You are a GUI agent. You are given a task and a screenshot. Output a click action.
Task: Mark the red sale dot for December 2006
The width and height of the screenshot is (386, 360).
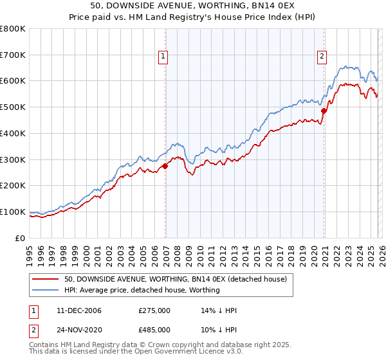tap(165, 166)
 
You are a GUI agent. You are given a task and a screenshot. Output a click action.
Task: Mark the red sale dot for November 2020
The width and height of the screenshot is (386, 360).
tap(324, 111)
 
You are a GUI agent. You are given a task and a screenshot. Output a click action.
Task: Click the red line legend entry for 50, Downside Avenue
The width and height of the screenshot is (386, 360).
tap(179, 279)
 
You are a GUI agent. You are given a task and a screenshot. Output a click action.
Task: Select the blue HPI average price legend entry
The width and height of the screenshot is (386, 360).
tap(142, 290)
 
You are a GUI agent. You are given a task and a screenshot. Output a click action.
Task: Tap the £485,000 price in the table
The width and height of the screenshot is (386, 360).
tap(154, 329)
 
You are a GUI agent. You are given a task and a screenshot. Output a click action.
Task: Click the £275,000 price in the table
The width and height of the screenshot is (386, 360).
tap(154, 310)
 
